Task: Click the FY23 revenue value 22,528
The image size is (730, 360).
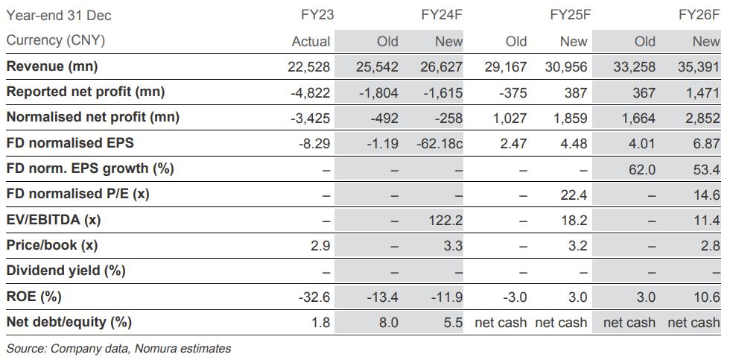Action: click(x=308, y=67)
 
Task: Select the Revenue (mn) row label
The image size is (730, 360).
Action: click(x=52, y=67)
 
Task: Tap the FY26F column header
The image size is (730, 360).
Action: click(x=699, y=16)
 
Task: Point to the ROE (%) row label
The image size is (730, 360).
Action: click(x=34, y=297)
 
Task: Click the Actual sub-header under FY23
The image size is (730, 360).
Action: click(x=311, y=42)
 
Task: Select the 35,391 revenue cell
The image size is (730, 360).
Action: click(x=699, y=67)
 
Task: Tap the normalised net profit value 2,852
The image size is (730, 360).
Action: click(x=703, y=118)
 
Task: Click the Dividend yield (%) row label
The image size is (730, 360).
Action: click(x=66, y=271)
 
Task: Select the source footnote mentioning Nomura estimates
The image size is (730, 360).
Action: click(x=118, y=348)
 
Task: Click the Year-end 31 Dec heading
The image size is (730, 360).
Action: click(x=59, y=16)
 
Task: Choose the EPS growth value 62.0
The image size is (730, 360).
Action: click(x=641, y=169)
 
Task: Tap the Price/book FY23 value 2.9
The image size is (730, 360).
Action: click(x=319, y=245)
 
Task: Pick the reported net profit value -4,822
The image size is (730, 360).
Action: click(x=308, y=92)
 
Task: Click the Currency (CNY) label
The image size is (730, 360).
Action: click(x=55, y=41)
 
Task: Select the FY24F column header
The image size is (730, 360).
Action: click(x=442, y=16)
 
